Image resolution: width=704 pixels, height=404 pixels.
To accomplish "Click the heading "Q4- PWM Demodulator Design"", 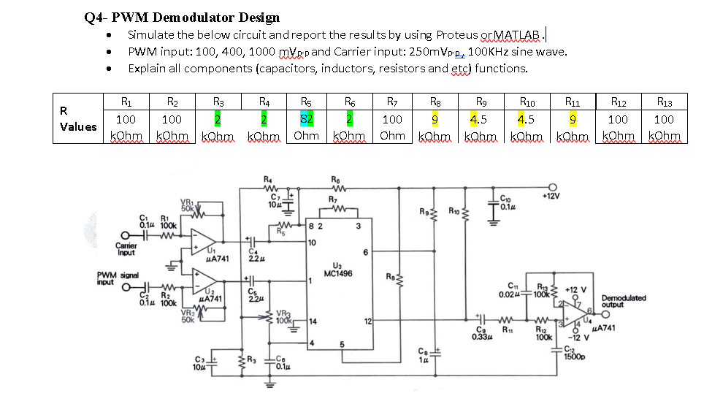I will pyautogui.click(x=182, y=18).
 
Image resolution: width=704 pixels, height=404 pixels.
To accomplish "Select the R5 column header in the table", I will pyautogui.click(x=307, y=102).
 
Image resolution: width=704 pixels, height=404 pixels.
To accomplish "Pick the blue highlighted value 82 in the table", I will pyautogui.click(x=307, y=119).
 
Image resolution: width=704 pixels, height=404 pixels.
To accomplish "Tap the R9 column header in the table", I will pyautogui.click(x=481, y=102).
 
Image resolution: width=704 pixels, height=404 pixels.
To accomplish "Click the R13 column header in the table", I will pyautogui.click(x=664, y=102).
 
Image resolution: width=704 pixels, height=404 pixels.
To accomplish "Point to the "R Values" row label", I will pyautogui.click(x=78, y=119).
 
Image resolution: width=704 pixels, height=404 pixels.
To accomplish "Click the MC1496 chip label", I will pyautogui.click(x=338, y=273).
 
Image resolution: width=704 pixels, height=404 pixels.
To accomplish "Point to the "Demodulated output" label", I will pyautogui.click(x=623, y=301).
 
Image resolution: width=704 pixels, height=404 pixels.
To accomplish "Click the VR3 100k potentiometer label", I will pyautogui.click(x=283, y=316).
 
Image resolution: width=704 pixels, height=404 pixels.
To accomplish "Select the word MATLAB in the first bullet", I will pyautogui.click(x=518, y=34).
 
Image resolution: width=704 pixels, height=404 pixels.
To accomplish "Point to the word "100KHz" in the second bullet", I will pyautogui.click(x=489, y=51).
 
